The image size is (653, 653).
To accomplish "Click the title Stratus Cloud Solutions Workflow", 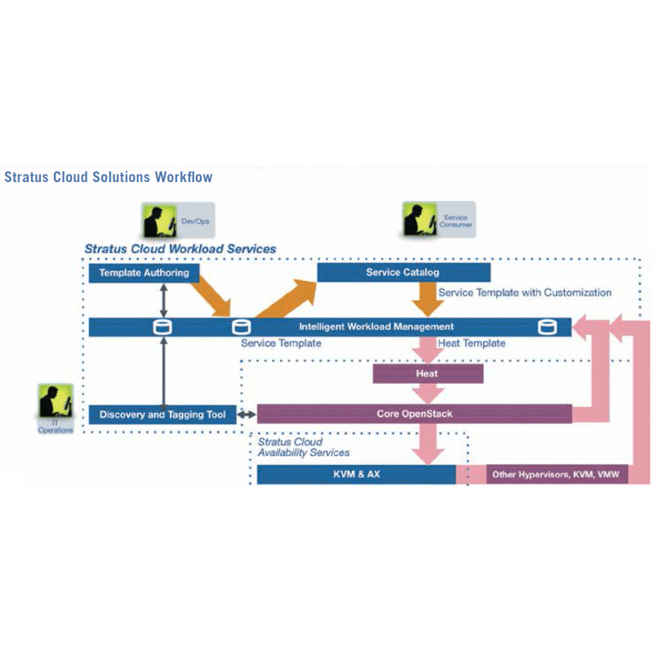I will [109, 177].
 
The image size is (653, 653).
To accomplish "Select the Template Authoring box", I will [144, 273].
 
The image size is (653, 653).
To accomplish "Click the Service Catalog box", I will [403, 273].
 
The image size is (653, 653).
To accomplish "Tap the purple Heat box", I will [428, 374].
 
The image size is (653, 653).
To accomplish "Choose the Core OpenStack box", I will [415, 414].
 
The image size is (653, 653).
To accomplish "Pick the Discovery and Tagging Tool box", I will [162, 415].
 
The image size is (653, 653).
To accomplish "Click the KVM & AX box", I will [356, 474].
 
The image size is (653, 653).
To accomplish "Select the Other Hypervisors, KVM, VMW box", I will [557, 474].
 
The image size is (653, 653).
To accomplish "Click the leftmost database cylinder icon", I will [164, 327].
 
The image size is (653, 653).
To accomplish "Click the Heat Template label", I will [472, 344].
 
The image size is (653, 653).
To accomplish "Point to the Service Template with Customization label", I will [525, 292].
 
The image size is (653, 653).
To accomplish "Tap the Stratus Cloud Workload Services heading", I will [180, 249].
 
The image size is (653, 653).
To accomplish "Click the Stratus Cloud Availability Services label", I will [304, 447].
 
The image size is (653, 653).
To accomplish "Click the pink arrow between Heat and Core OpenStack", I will [427, 393].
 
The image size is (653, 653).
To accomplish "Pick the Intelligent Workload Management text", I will [376, 326].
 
